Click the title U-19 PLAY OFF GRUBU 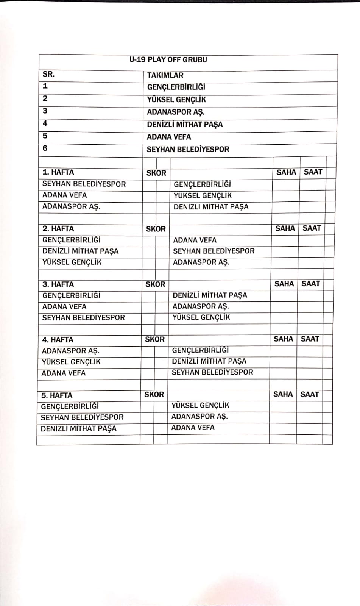168,60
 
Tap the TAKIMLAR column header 165,75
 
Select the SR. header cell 48,74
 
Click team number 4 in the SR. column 45,123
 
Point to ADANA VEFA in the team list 169,137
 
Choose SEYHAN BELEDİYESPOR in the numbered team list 188,149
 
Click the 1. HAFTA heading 58,172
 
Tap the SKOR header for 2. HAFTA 156,229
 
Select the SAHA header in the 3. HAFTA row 284,284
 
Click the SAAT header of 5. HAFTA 310,394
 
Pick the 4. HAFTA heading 58,340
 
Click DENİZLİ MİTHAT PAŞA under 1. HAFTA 211,207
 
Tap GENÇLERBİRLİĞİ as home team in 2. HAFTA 72,240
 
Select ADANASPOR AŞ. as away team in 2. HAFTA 201,262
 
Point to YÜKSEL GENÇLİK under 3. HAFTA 201,317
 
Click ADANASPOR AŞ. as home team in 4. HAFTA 71,351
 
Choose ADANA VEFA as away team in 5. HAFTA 193,428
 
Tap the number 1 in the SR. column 45,86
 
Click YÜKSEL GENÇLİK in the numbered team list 176,100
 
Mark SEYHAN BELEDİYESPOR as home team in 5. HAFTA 82,417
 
